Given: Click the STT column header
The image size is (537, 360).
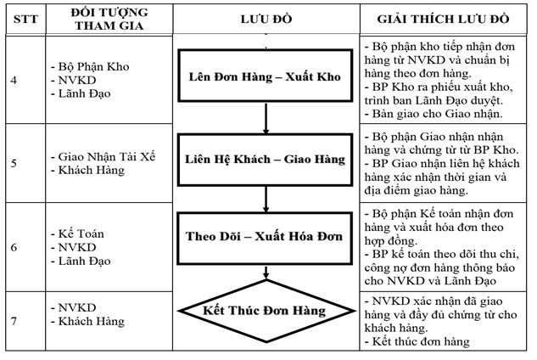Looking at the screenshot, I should [x=21, y=19].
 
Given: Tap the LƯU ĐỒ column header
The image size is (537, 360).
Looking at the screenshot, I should [x=266, y=19].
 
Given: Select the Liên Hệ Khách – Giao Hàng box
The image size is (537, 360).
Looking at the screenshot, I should [x=265, y=158].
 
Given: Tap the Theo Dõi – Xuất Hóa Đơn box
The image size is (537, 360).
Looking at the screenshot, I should [x=265, y=236].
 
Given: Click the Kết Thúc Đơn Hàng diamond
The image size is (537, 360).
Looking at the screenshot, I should [x=265, y=311].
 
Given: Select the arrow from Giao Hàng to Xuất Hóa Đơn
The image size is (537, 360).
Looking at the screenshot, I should [x=266, y=197].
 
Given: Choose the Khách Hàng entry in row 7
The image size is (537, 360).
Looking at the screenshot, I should [x=91, y=322].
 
